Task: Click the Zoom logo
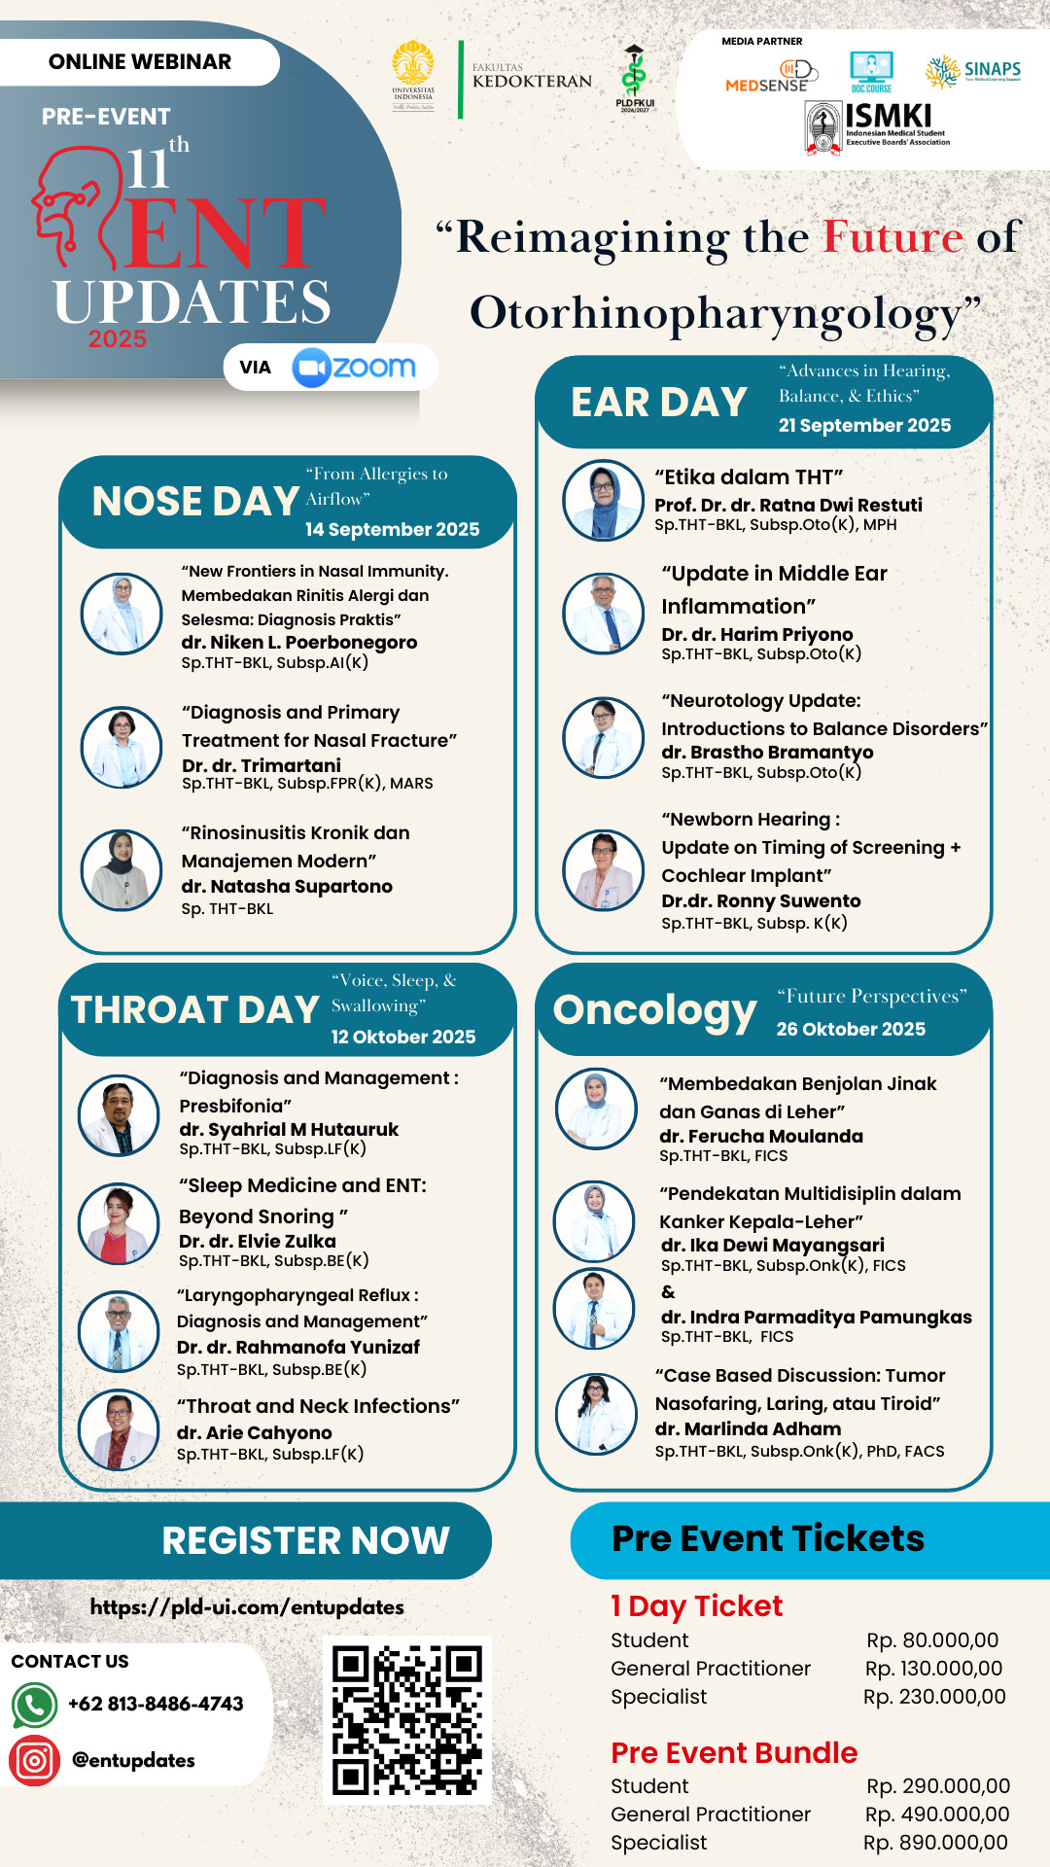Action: click(354, 368)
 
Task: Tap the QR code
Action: click(407, 1719)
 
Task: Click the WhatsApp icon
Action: click(34, 1705)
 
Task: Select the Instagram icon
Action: click(34, 1760)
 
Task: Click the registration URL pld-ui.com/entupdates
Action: click(247, 1607)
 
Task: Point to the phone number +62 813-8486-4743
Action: click(156, 1704)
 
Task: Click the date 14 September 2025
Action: click(392, 529)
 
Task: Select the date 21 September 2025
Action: click(864, 425)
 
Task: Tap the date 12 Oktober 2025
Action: click(403, 1037)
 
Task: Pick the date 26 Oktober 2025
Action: click(851, 1029)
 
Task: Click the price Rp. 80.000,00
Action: click(932, 1639)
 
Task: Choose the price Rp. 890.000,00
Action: click(935, 1842)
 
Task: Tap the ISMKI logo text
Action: click(888, 117)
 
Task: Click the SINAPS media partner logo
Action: click(973, 70)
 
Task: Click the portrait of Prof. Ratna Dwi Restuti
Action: click(604, 500)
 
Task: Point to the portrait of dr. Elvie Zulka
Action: click(119, 1223)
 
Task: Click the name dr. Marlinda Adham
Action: click(748, 1428)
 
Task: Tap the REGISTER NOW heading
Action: click(305, 1540)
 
